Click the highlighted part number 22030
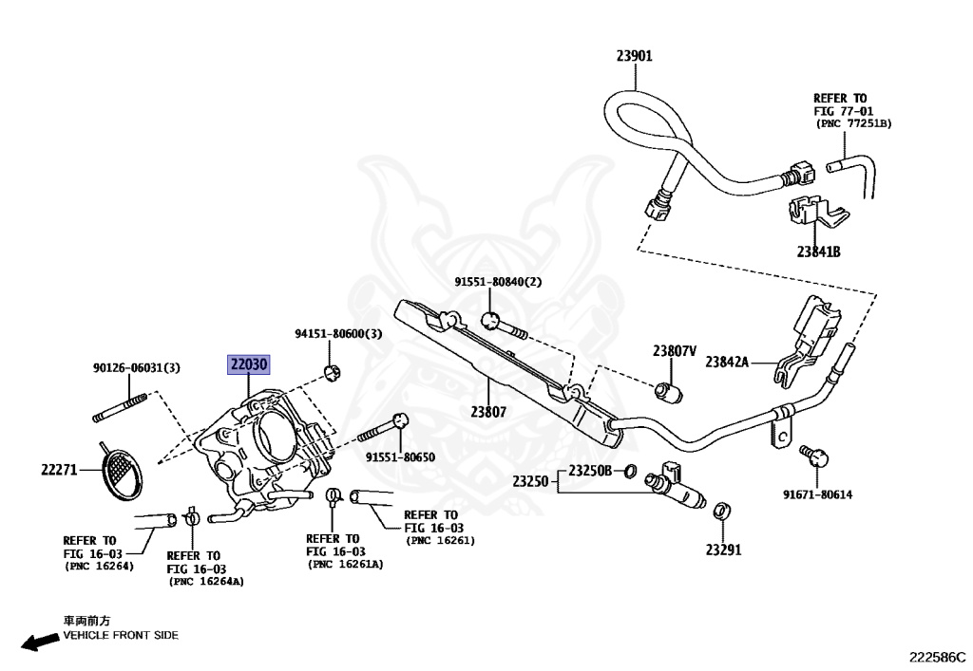click(x=248, y=364)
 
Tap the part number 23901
click(x=634, y=56)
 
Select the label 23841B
click(x=818, y=252)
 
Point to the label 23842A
click(x=727, y=362)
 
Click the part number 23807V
click(x=674, y=351)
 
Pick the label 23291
click(x=723, y=550)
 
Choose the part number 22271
click(x=59, y=470)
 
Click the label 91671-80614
click(x=817, y=494)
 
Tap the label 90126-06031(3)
click(x=137, y=368)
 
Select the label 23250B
click(x=590, y=471)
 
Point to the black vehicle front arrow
click(x=40, y=642)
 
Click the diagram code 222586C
click(x=938, y=657)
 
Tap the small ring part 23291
click(x=722, y=512)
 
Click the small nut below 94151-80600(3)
click(x=333, y=373)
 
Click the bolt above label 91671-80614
click(x=814, y=456)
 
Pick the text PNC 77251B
click(x=854, y=124)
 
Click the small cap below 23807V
click(x=668, y=392)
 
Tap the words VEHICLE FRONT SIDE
click(x=121, y=635)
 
